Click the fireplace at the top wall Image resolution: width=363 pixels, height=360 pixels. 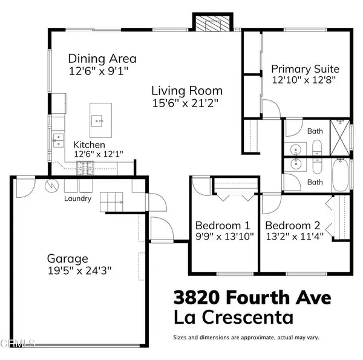pyautogui.click(x=212, y=23)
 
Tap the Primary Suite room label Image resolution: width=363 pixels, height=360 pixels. pyautogui.click(x=305, y=68)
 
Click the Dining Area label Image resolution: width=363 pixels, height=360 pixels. pyautogui.click(x=102, y=59)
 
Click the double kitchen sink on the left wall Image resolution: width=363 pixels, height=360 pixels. pyautogui.click(x=58, y=141)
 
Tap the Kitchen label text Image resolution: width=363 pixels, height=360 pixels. pyautogui.click(x=90, y=145)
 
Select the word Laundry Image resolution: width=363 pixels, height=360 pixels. pyautogui.click(x=79, y=198)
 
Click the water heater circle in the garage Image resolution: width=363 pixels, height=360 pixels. pyautogui.click(x=51, y=186)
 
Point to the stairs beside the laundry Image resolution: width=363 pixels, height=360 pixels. pyautogui.click(x=113, y=201)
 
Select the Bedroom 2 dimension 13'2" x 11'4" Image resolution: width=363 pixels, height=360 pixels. pyautogui.click(x=296, y=237)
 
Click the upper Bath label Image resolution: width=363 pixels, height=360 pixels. pyautogui.click(x=315, y=130)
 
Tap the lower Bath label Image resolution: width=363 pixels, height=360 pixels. pyautogui.click(x=315, y=182)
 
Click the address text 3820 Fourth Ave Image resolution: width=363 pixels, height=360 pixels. pyautogui.click(x=252, y=298)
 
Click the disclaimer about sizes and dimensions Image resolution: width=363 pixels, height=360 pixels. pyautogui.click(x=246, y=337)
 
